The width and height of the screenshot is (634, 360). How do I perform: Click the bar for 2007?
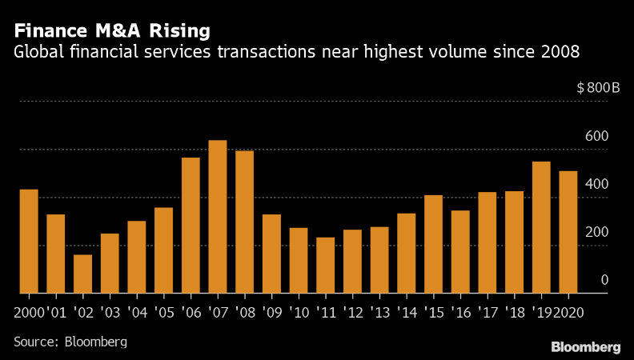coord(218,217)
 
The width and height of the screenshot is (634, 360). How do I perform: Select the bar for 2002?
coord(83,274)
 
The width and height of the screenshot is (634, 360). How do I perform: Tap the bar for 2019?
coord(541,227)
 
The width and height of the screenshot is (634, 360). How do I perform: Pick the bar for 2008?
coord(244,222)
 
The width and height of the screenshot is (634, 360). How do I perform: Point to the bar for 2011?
coord(325,265)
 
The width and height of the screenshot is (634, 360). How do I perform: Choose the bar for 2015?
coord(433,244)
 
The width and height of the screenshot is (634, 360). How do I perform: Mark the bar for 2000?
coord(29,241)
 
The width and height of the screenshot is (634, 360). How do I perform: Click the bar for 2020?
coord(568,232)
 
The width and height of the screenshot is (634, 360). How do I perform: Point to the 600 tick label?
coord(598,136)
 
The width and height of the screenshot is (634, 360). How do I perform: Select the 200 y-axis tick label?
coord(598,232)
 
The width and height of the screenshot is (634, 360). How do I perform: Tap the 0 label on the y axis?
coord(604,280)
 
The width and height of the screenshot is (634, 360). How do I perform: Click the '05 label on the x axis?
coord(163,311)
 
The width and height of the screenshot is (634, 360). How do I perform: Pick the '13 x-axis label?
coord(379,311)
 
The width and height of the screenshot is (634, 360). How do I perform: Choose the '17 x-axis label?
coord(487,311)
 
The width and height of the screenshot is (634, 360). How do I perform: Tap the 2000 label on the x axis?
coord(29,311)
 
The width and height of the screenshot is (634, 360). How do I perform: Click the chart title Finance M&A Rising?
coord(112,31)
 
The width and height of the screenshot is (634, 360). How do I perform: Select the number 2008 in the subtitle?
coord(560,53)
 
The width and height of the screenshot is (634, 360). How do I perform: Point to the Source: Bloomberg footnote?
coord(70,342)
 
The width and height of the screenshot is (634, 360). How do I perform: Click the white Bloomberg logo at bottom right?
coord(586,346)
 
